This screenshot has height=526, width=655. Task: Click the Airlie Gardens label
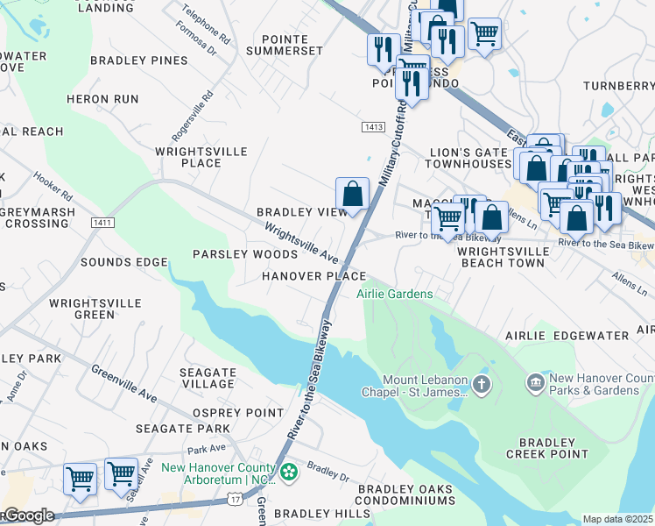coord(394,294)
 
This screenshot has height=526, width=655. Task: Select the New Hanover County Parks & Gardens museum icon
coord(535,383)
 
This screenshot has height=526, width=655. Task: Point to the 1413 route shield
coord(373,127)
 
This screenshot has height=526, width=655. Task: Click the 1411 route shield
coord(102,224)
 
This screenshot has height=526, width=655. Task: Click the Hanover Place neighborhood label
coord(313,276)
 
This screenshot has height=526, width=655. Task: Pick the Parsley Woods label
coord(245,254)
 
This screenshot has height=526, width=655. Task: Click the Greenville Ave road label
coord(123,383)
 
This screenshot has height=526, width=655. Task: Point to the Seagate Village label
coord(208,378)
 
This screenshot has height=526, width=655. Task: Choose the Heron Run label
coord(102,99)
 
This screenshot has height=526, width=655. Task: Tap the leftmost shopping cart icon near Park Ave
coord(80,480)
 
